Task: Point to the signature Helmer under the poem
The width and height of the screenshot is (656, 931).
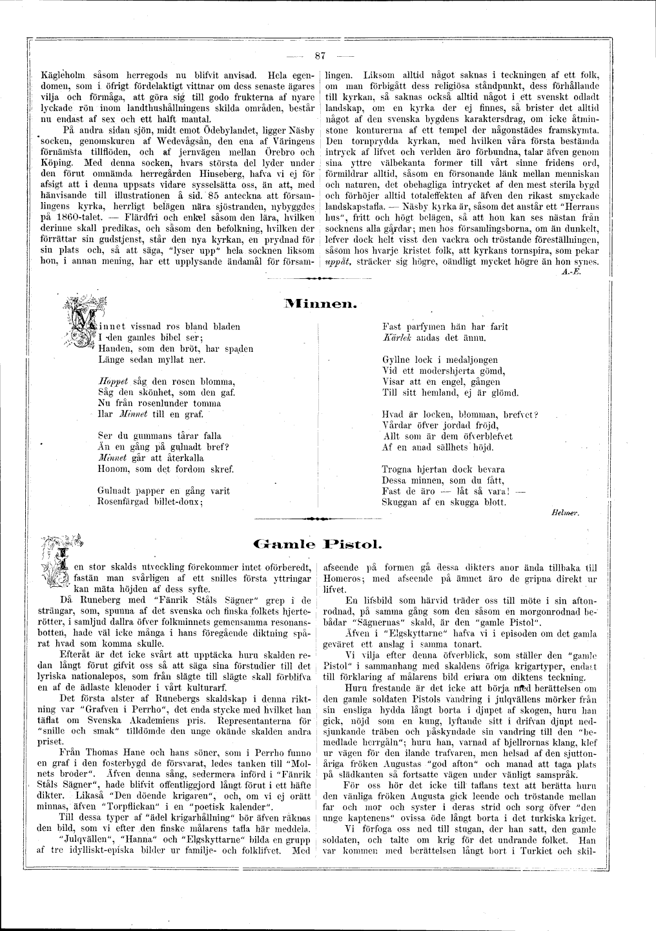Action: (x=568, y=511)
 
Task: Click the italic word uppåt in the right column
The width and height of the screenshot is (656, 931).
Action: (x=337, y=263)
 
